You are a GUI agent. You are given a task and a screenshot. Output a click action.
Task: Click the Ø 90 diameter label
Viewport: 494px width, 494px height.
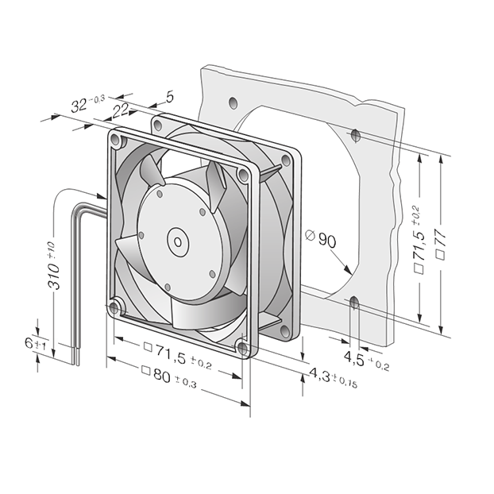[321, 239]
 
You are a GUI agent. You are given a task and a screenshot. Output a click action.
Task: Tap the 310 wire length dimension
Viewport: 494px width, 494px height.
[53, 265]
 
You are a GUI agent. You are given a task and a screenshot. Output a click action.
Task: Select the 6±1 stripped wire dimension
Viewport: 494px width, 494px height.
[35, 344]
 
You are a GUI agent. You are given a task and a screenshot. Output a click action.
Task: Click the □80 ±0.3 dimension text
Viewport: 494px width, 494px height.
[169, 377]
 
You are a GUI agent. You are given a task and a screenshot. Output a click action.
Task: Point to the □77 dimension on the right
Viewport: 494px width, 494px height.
[441, 244]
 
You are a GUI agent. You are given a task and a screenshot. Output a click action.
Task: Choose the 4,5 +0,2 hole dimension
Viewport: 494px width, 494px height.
[366, 361]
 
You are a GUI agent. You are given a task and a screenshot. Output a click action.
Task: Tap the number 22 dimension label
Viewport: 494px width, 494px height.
[121, 111]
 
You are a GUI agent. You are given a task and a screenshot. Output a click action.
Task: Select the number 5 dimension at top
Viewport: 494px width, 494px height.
[170, 98]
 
